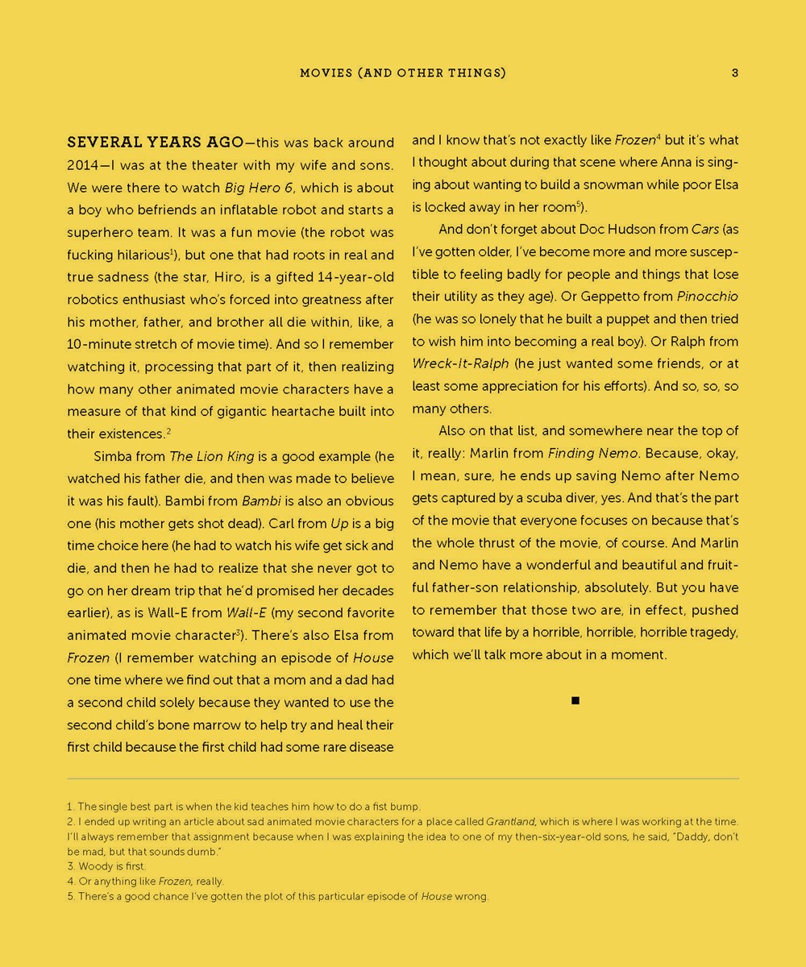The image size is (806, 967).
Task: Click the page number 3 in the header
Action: click(x=735, y=73)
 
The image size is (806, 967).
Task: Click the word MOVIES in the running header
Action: click(x=326, y=73)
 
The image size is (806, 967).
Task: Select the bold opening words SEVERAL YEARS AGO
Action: click(x=155, y=143)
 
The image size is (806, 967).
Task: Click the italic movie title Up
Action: click(x=339, y=523)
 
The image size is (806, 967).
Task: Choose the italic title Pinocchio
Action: click(x=707, y=297)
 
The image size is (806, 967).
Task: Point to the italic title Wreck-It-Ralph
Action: click(x=460, y=363)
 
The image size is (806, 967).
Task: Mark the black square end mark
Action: click(x=575, y=701)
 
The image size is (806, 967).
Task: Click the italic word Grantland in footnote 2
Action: click(x=510, y=822)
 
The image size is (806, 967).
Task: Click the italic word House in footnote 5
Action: click(x=436, y=896)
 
